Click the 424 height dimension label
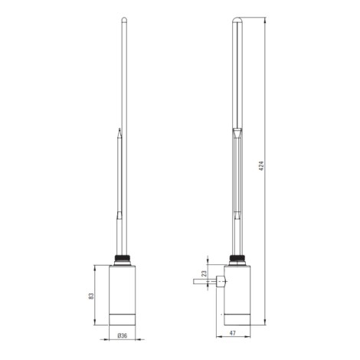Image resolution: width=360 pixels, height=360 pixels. point(261,166)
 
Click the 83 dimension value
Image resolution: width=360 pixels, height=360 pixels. point(91,296)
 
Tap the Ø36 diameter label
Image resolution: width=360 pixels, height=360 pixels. point(123,335)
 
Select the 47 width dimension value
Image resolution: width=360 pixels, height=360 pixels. point(233,333)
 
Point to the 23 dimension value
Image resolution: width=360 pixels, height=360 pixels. point(204,273)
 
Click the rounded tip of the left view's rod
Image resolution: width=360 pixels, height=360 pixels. point(124,18)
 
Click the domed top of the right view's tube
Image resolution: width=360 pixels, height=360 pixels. point(237,19)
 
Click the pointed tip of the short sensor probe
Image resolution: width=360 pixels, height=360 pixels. point(119,129)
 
